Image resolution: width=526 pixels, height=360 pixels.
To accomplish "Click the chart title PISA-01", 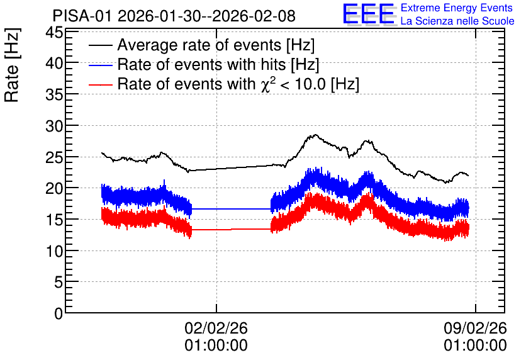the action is click(82, 16).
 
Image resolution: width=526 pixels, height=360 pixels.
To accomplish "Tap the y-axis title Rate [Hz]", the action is click(12, 65).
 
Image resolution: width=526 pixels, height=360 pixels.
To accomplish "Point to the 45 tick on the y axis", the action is click(54, 33).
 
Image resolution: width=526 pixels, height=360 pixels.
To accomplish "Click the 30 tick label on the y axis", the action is click(54, 127).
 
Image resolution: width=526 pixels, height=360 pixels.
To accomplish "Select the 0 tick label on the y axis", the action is click(59, 313).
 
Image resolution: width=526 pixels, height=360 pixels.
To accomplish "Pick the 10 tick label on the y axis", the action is click(54, 251).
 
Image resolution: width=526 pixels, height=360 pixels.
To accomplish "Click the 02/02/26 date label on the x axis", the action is click(216, 328).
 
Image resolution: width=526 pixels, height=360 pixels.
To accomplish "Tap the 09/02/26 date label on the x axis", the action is click(475, 328).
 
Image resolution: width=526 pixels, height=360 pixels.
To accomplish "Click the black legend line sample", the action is click(100, 45).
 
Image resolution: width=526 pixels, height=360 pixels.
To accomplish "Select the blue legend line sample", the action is click(100, 65).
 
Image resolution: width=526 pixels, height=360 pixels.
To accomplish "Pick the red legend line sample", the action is click(100, 84).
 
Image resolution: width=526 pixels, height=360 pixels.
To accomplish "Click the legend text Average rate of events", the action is click(199, 45).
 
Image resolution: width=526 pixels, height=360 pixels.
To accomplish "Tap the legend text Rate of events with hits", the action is click(201, 64).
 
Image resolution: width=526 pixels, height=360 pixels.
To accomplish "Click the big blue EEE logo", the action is click(369, 14).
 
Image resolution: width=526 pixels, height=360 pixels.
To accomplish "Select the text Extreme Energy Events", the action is click(457, 8).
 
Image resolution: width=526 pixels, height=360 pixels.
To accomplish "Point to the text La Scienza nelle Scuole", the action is click(457, 21).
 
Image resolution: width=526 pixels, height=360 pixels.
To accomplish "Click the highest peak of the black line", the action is click(315, 135).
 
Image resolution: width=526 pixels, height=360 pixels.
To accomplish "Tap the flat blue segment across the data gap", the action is click(231, 209).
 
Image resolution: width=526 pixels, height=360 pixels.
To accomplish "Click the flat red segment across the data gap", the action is click(231, 230).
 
